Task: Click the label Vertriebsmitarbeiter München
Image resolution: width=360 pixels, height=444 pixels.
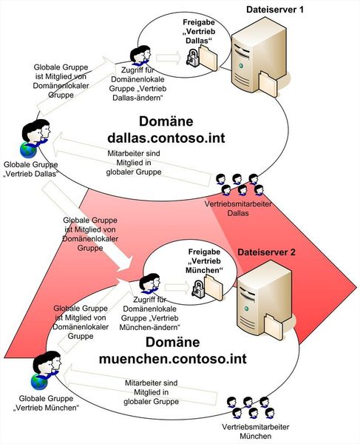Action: click(254, 432)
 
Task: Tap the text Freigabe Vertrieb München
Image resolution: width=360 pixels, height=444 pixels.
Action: click(202, 266)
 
